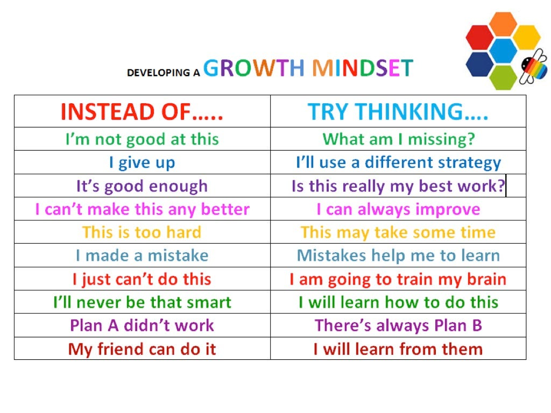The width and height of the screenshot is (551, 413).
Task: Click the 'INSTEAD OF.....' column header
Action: pos(142,112)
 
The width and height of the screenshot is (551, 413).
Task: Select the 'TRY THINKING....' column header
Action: pos(398,112)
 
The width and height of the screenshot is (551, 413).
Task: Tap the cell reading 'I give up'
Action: pos(142,162)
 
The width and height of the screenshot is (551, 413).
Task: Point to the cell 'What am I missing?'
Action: pos(399,139)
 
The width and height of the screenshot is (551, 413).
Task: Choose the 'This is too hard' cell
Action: pos(142,232)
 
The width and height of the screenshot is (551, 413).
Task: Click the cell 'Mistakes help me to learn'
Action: pos(398,255)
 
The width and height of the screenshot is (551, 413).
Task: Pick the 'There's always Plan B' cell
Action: pos(398,325)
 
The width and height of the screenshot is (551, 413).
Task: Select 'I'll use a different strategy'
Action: pos(399,163)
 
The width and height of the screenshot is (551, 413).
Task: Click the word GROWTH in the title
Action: pos(254,68)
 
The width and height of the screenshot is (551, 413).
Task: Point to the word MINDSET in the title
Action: pos(363,68)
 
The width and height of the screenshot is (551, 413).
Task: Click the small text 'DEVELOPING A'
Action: pos(164,73)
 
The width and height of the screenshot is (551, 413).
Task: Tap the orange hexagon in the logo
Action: pos(503,24)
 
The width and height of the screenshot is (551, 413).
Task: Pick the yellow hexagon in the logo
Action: pos(526,37)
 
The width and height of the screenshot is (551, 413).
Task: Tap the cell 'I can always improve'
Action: pos(398,210)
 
